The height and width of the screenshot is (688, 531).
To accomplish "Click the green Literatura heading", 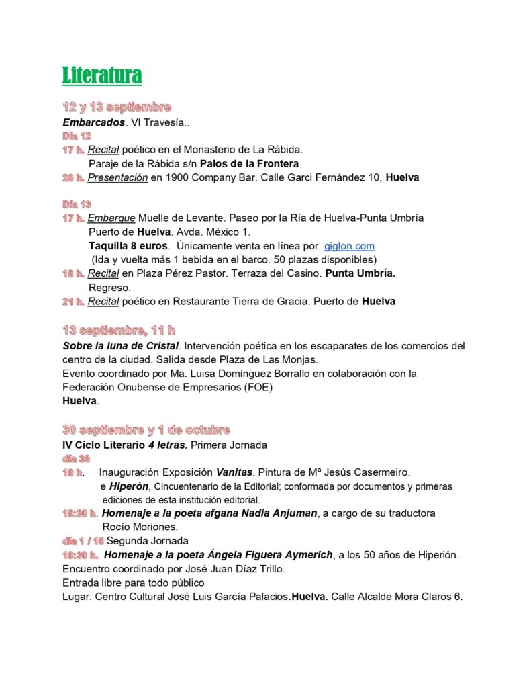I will point(102,75).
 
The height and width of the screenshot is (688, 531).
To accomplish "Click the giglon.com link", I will point(349,246).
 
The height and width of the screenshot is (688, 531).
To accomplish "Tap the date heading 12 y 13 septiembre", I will point(117,107).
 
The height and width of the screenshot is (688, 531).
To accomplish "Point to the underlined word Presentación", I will point(117,177).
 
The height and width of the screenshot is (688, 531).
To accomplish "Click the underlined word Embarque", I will point(112,218).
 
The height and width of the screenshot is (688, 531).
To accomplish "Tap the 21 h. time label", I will point(73,302).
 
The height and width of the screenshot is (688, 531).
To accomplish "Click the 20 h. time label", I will point(73,177).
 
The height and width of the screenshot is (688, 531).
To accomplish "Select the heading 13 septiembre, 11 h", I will point(119,330).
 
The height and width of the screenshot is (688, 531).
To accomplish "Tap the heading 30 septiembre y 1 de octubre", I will point(146,430).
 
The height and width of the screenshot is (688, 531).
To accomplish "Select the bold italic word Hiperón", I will point(129,486).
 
